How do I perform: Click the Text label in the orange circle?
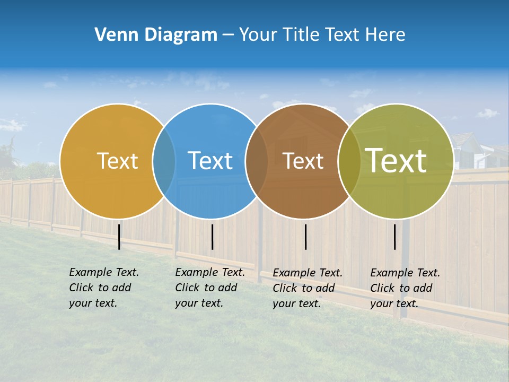[117, 161]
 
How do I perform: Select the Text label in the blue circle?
[210, 161]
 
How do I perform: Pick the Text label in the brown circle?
[303, 161]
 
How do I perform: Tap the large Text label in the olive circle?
[396, 161]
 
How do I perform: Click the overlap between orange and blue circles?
[164, 161]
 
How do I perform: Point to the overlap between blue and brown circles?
[257, 161]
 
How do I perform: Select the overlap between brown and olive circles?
[349, 161]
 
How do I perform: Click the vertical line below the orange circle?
[119, 237]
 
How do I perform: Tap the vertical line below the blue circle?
[212, 237]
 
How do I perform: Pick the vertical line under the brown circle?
[305, 237]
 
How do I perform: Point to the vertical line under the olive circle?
[394, 237]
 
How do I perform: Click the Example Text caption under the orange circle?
[103, 288]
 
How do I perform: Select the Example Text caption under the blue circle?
[209, 288]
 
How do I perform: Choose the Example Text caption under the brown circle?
[307, 288]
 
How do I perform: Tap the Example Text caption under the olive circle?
[405, 288]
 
